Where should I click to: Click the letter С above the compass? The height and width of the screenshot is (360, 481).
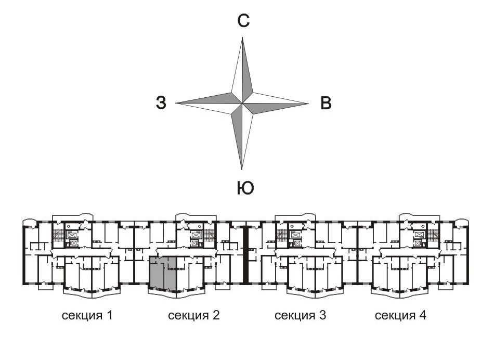[x=243, y=21]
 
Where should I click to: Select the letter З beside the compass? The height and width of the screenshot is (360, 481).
[x=161, y=103]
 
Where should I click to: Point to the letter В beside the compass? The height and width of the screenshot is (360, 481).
[x=326, y=103]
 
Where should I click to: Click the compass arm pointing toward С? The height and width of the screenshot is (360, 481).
[x=242, y=68]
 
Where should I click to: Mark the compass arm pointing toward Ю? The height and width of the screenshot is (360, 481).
[x=242, y=138]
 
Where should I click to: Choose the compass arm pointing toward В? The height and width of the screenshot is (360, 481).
[x=278, y=103]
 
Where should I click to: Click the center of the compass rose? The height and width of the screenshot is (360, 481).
[x=242, y=102]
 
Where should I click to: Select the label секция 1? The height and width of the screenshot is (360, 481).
[x=88, y=315]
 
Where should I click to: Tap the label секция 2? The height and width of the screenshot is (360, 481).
[x=194, y=315]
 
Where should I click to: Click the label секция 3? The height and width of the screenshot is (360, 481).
[x=301, y=315]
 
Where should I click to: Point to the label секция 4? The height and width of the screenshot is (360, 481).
[x=400, y=315]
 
